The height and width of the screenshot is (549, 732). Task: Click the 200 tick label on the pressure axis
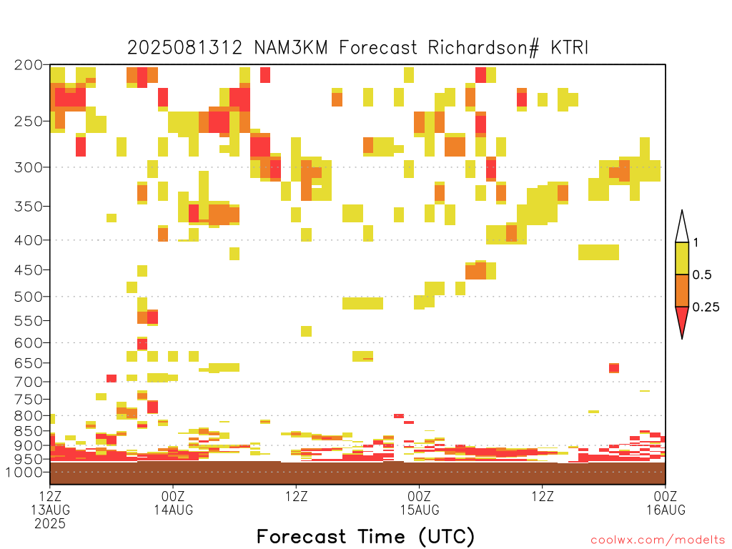29,64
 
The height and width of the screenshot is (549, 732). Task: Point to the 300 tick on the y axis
29,167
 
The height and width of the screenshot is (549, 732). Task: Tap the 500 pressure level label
29,297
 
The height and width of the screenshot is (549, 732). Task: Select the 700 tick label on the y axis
29,382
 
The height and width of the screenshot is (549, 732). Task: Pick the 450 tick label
29,269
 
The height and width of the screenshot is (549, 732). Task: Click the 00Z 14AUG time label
173,503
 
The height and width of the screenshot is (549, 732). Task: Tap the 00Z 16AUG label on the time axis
666,503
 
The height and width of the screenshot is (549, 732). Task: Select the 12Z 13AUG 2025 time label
51,510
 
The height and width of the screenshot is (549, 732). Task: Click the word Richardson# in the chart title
483,48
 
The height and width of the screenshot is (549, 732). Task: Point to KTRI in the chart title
569,48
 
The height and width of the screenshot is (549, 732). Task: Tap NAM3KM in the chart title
291,48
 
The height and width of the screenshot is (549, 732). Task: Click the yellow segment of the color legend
682,258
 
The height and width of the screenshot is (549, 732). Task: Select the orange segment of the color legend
682,290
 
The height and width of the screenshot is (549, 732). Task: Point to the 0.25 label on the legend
706,307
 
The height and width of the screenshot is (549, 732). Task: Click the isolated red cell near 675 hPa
614,368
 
